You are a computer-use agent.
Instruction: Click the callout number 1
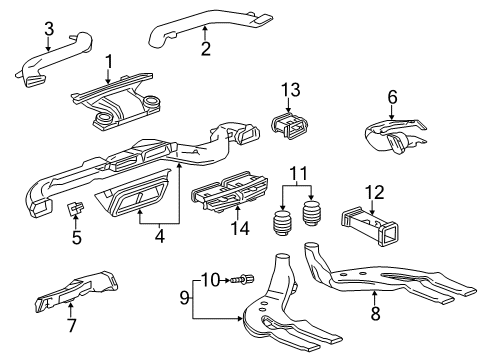pos(109,60)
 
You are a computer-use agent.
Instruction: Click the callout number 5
pos(76,239)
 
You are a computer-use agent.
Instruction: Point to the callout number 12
pos(375,191)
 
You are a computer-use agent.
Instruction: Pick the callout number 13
pos(289,91)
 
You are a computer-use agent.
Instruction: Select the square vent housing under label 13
pos(290,127)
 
